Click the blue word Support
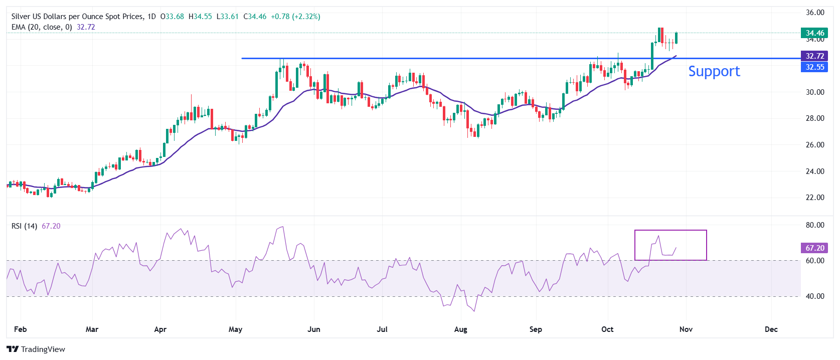tap(714, 71)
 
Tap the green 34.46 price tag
tap(814, 33)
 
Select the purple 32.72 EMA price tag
tap(814, 56)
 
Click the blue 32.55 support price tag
tap(814, 67)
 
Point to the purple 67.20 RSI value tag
tap(814, 248)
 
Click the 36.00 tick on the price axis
tap(815, 13)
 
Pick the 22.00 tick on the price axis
tap(815, 198)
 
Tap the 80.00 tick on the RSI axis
tap(815, 225)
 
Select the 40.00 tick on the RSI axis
tap(815, 296)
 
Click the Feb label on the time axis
tap(21, 329)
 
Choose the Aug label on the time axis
tap(460, 329)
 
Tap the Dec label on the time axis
tap(771, 329)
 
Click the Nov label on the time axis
tap(686, 329)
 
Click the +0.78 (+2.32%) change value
tap(295, 17)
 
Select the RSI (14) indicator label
tap(24, 226)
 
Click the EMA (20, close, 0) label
tap(42, 27)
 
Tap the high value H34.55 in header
tap(200, 17)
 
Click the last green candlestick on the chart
tap(676, 38)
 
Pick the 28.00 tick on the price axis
tap(815, 118)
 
